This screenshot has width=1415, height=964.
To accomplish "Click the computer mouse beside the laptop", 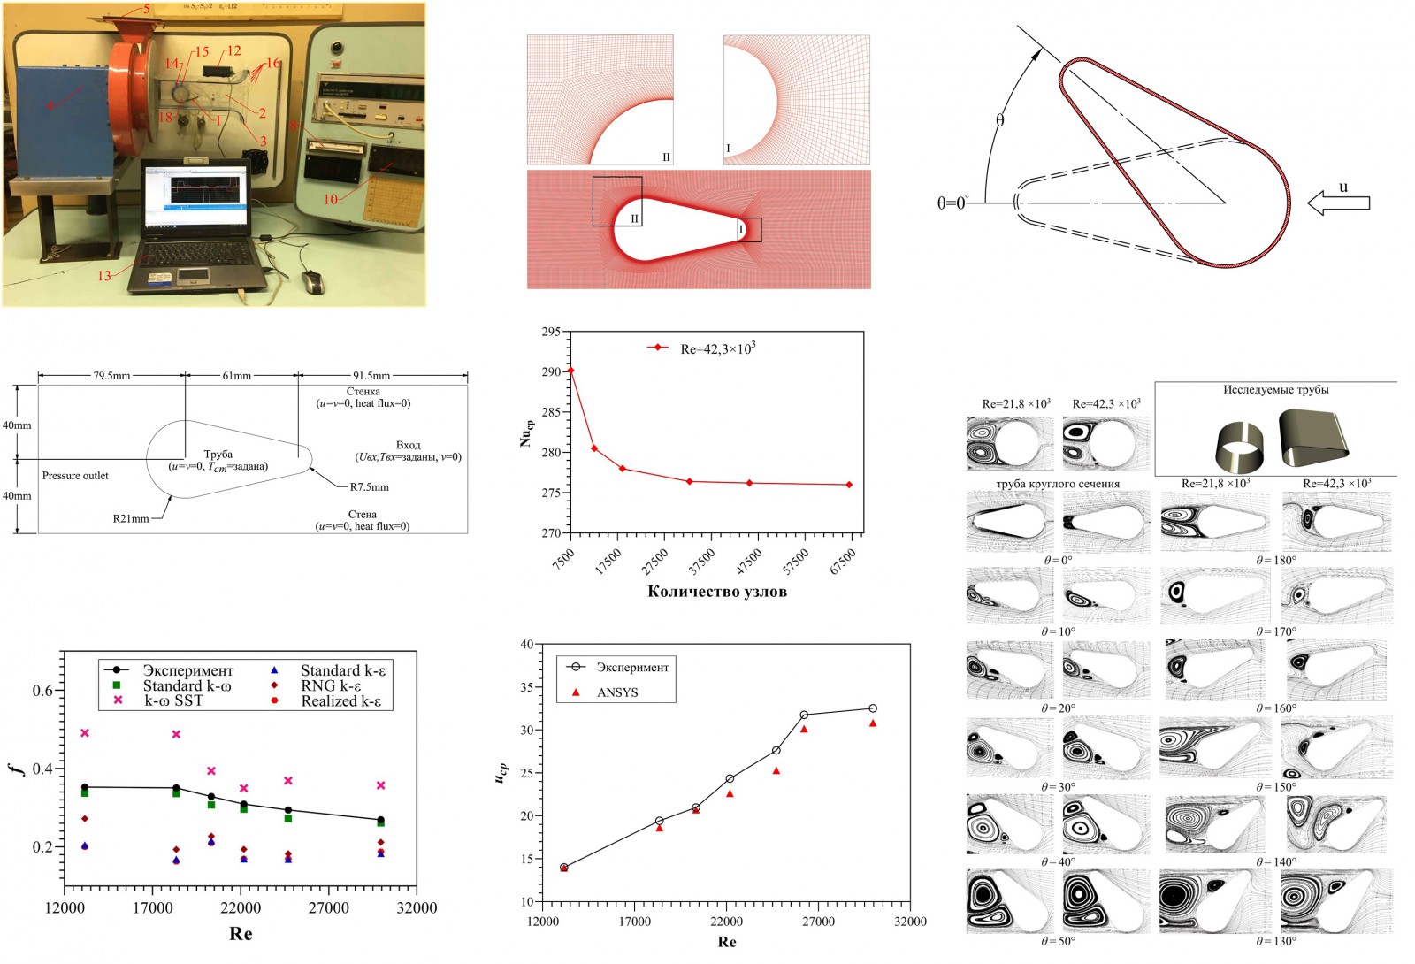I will pyautogui.click(x=314, y=281).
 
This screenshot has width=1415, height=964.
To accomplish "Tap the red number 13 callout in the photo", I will pyautogui.click(x=104, y=275).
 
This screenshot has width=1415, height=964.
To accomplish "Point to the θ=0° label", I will pyautogui.click(x=952, y=203).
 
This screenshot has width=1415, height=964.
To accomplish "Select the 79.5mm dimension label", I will pyautogui.click(x=111, y=376).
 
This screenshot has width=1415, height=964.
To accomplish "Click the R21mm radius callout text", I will pyautogui.click(x=131, y=518).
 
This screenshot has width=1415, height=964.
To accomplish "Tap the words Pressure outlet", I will pyautogui.click(x=75, y=476).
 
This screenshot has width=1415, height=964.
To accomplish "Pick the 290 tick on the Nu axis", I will pyautogui.click(x=551, y=371).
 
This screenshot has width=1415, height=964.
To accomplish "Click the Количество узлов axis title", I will pyautogui.click(x=716, y=592).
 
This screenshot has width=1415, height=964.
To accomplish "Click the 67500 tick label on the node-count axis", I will pyautogui.click(x=843, y=562).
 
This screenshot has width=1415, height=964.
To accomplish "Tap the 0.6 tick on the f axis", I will pyautogui.click(x=42, y=690).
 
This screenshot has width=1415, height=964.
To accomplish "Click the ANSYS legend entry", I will pyautogui.click(x=616, y=692).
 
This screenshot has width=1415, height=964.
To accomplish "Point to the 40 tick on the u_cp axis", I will pyautogui.click(x=527, y=645).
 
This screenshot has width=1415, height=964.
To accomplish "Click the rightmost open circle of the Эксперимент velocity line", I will pyautogui.click(x=873, y=708).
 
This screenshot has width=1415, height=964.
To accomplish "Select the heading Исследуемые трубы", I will pyautogui.click(x=1275, y=390).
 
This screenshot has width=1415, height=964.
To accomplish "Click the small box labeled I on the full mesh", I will pyautogui.click(x=749, y=230).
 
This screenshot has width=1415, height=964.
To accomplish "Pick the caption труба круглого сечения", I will pyautogui.click(x=1058, y=484).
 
